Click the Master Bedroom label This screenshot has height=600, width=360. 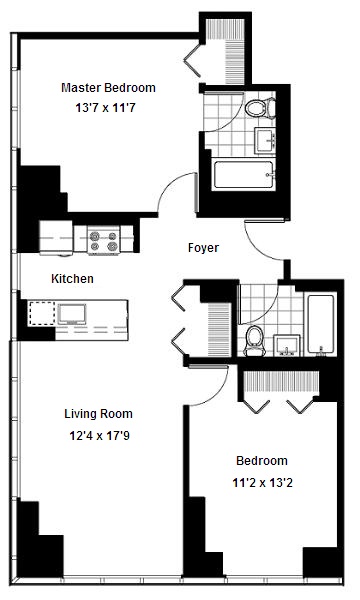(108, 88)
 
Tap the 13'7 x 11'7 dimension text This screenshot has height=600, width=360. (105, 108)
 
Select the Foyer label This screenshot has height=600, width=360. (203, 248)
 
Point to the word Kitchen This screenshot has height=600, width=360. (72, 279)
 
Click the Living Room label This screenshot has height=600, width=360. (98, 414)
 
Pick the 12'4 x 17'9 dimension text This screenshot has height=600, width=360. (99, 435)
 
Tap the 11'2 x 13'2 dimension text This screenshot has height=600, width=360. (262, 483)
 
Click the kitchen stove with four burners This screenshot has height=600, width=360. (103, 240)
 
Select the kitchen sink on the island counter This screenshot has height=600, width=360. (72, 314)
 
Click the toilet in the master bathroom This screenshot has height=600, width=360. (260, 108)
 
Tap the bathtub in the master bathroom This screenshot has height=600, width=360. (244, 174)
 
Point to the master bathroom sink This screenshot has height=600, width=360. (265, 140)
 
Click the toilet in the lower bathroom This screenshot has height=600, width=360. (253, 341)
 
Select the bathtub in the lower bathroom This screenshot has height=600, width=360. (320, 324)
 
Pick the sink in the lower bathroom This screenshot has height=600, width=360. (287, 345)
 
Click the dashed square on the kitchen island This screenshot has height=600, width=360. (42, 314)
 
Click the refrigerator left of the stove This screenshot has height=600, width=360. (56, 237)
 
